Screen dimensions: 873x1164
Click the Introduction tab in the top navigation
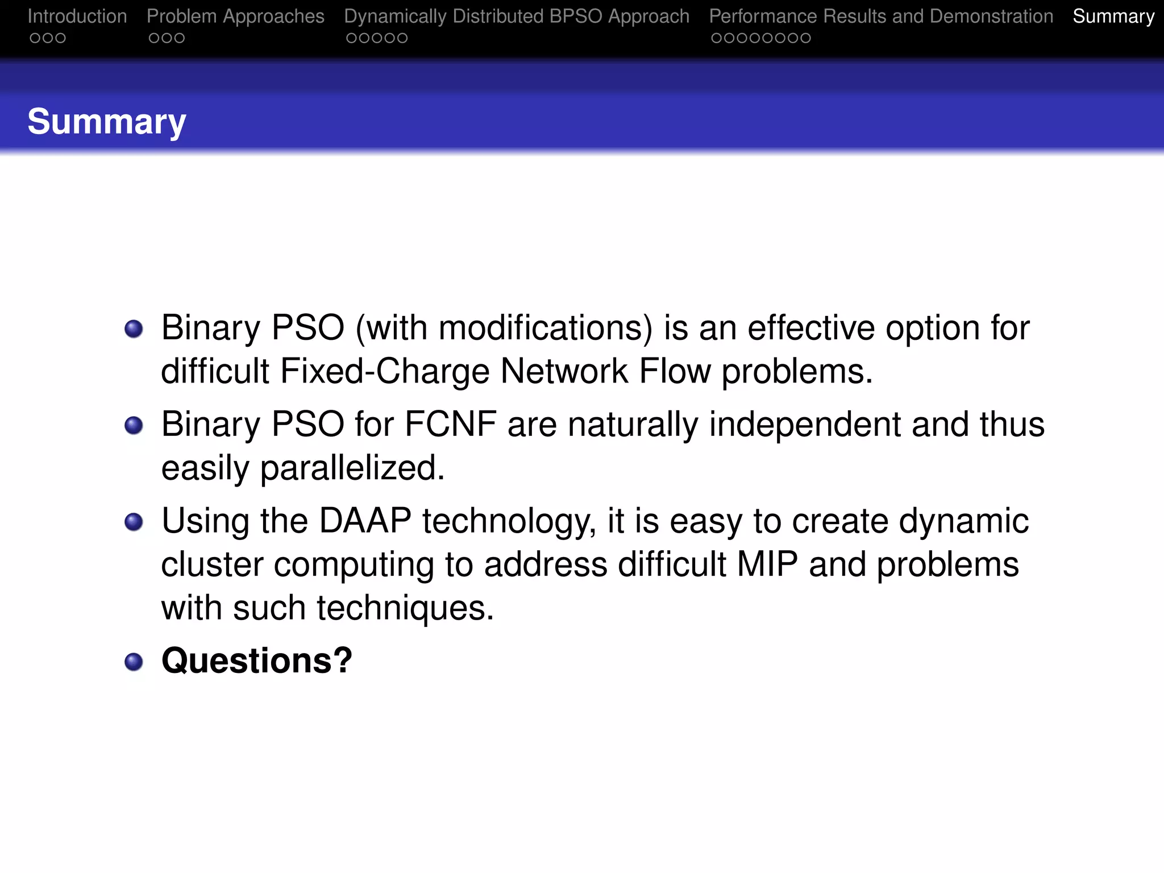point(77,16)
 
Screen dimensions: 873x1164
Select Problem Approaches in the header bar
point(235,16)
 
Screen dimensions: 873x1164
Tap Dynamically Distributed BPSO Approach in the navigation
point(517,16)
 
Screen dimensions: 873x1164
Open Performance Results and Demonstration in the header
point(881,16)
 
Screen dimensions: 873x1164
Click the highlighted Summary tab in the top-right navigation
point(1113,16)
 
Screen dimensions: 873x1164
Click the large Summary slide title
point(107,122)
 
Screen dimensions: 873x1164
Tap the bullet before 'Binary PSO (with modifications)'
point(134,329)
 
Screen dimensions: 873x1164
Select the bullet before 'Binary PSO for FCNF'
point(134,425)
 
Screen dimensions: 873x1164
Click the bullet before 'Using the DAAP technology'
point(134,522)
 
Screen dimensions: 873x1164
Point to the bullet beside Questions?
point(134,662)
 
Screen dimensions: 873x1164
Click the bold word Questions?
point(257,660)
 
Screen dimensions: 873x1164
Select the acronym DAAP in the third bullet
point(365,521)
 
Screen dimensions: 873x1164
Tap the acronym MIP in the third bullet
point(767,564)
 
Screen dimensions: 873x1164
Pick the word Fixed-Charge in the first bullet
point(385,371)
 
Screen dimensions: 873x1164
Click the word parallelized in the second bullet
point(352,468)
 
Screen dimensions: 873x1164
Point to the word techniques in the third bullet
point(405,608)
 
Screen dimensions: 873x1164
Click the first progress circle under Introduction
point(35,38)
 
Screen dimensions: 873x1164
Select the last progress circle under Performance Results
point(805,38)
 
